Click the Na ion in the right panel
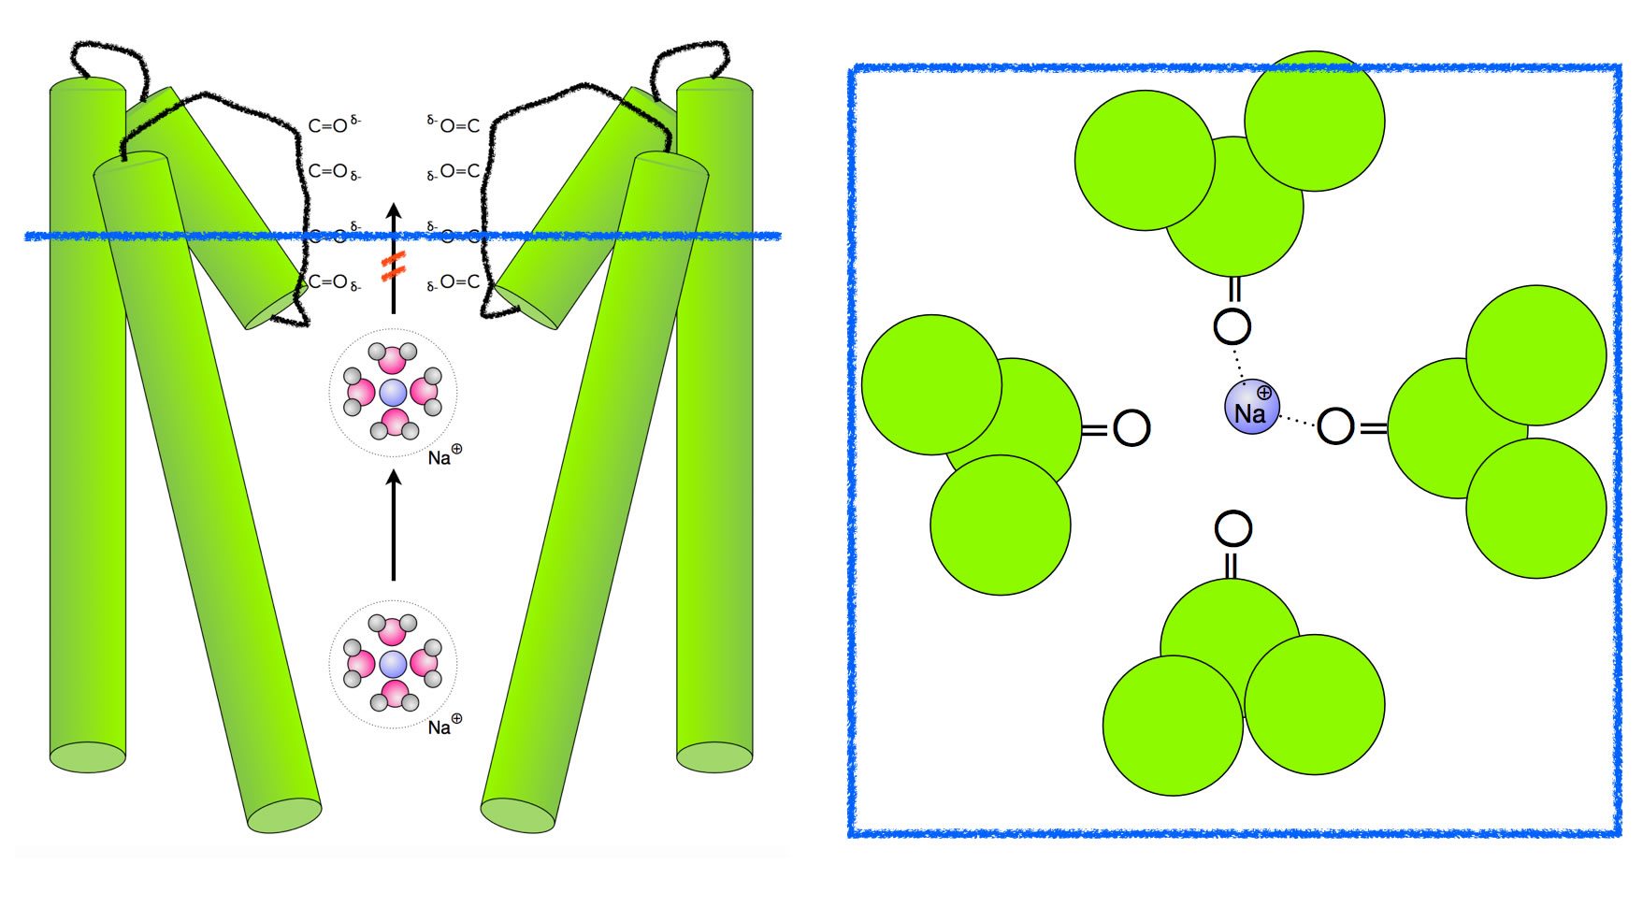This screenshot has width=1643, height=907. pyautogui.click(x=1251, y=408)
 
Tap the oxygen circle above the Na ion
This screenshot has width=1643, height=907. pyautogui.click(x=1232, y=326)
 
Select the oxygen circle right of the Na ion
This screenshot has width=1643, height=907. pyautogui.click(x=1335, y=425)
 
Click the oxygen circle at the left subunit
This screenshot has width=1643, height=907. pyautogui.click(x=1131, y=428)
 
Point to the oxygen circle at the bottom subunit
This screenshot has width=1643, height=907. pyautogui.click(x=1232, y=529)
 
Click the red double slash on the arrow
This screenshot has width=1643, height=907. pyautogui.click(x=393, y=266)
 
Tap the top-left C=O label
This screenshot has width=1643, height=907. pyautogui.click(x=329, y=125)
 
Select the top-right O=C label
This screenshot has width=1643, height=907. pyautogui.click(x=458, y=125)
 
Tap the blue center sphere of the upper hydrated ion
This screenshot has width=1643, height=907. pyautogui.click(x=393, y=393)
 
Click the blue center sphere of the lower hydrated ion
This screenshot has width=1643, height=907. pyautogui.click(x=393, y=665)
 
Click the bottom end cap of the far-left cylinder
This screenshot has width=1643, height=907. pyautogui.click(x=88, y=757)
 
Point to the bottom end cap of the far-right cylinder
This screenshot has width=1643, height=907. pyautogui.click(x=714, y=757)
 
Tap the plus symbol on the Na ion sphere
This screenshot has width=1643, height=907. pyautogui.click(x=1264, y=392)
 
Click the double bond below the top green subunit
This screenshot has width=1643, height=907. pyautogui.click(x=1233, y=289)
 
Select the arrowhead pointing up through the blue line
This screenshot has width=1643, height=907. pyautogui.click(x=394, y=212)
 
